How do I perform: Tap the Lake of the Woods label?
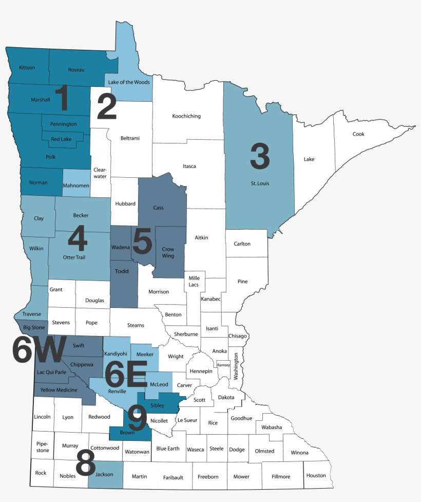point(129,82)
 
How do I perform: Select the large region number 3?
point(260,156)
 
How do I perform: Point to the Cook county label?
point(358,134)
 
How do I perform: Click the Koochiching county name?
point(186,116)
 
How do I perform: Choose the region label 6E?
point(126,374)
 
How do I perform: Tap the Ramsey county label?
point(224,364)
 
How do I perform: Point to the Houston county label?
point(316,475)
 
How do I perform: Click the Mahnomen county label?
point(76,185)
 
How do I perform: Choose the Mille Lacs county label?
point(194,281)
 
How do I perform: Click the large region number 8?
point(86,466)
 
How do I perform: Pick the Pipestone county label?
point(42,447)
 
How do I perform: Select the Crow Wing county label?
point(168,252)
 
